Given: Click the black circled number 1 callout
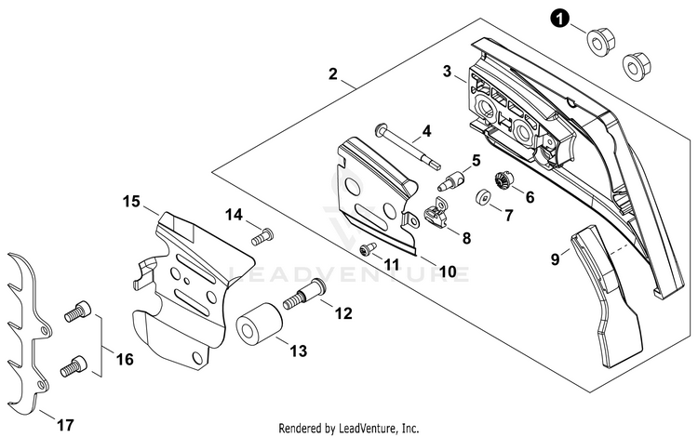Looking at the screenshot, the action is (559, 19).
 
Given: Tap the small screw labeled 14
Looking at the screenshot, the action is (262, 236).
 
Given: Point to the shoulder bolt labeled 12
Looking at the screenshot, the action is (305, 294).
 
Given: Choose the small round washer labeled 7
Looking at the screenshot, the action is (482, 197).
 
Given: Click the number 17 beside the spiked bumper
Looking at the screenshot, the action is (65, 425).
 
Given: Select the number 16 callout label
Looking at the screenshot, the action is (125, 358).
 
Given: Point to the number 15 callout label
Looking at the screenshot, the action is (131, 202).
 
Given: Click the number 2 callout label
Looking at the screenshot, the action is (332, 73).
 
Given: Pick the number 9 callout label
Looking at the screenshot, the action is (555, 258).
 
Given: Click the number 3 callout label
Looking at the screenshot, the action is (447, 72).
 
